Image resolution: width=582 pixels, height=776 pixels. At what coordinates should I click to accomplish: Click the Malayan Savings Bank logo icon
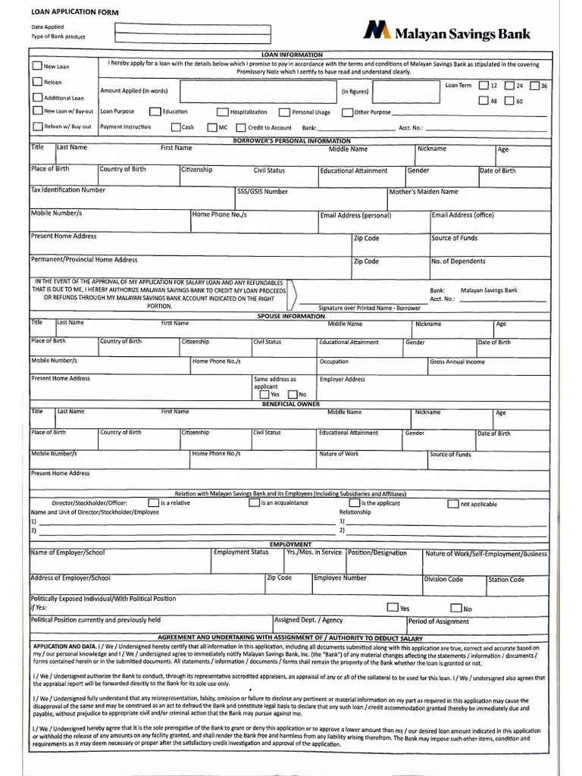[377, 30]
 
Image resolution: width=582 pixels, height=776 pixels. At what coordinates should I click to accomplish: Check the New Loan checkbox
[37, 66]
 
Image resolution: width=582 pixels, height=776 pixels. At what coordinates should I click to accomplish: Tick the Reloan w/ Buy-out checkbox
[37, 127]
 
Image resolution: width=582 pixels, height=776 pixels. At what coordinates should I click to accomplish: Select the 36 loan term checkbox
[535, 86]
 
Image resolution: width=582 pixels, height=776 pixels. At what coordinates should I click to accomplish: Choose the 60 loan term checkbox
[509, 101]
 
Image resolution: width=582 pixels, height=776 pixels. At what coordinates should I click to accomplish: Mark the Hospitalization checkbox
[223, 112]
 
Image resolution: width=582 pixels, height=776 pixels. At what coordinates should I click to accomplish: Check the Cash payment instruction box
[176, 127]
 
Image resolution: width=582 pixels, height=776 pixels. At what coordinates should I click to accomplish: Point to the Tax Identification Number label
[68, 189]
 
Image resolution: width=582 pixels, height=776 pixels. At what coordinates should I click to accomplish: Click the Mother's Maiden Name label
[424, 192]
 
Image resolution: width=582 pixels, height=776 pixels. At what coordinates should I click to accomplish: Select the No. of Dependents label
[458, 261]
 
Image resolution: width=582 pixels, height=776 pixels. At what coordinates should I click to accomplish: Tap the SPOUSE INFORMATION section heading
[291, 316]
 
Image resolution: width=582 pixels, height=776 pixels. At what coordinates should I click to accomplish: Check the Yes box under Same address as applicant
[264, 394]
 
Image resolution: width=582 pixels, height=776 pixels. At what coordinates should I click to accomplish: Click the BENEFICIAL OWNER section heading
[291, 405]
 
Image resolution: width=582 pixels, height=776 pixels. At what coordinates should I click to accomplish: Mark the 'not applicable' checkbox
[452, 503]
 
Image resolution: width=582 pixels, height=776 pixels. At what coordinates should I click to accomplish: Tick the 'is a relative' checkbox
[154, 502]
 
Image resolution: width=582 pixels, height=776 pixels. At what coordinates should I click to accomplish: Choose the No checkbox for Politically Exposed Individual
[455, 607]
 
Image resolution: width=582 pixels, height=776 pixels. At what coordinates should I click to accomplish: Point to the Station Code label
[506, 580]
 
